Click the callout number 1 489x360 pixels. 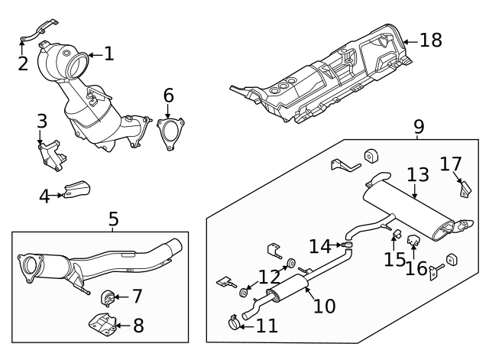click(x=108, y=54)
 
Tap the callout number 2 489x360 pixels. click(x=23, y=63)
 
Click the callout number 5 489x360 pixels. click(x=113, y=220)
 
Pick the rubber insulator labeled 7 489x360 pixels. click(x=107, y=296)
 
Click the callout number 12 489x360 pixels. click(x=269, y=276)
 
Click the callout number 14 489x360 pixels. click(x=320, y=245)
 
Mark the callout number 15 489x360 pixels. click(x=395, y=260)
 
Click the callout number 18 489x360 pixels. click(x=431, y=40)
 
